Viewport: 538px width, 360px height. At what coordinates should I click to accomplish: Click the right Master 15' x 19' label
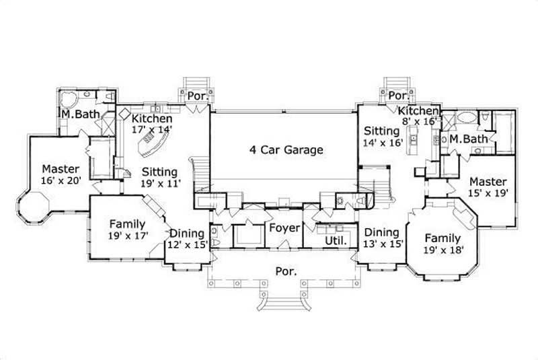pos(488,187)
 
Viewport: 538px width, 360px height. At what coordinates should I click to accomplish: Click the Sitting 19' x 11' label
pos(160,178)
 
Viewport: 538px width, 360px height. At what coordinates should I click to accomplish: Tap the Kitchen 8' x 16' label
pos(418,116)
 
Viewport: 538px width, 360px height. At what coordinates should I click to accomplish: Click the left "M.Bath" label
pos(80,115)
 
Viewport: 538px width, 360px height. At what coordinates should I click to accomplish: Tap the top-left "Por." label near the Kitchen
pos(198,96)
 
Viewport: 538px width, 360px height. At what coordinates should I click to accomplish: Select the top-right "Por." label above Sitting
pos(399,96)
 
